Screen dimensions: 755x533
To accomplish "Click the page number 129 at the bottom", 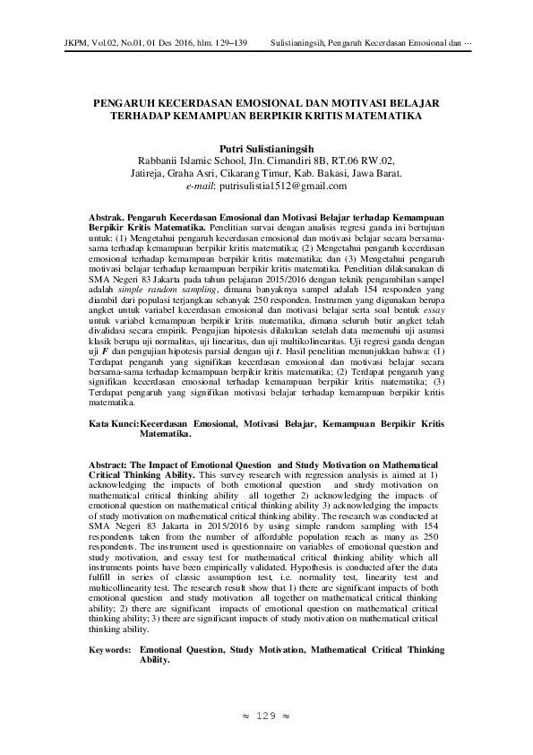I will pyautogui.click(x=265, y=716).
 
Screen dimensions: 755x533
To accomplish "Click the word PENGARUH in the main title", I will pyautogui.click(x=131, y=103).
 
